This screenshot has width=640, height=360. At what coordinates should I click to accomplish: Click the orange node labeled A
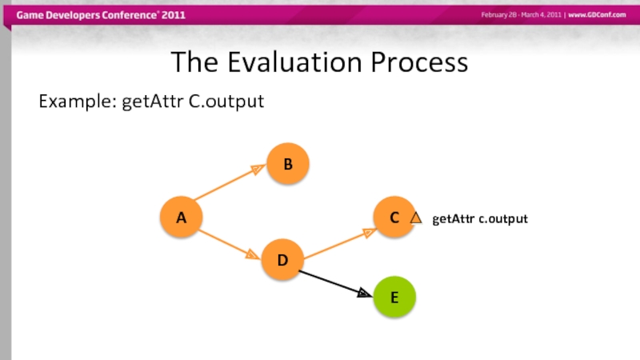coord(181,217)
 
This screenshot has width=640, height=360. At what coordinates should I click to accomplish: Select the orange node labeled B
coord(287,165)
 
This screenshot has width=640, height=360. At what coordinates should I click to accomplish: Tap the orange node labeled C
coord(394,218)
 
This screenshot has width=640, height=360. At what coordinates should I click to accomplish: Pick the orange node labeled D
coord(282,261)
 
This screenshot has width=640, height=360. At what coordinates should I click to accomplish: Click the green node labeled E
coord(394,297)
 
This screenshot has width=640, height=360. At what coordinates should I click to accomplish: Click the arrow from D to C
coord(339,244)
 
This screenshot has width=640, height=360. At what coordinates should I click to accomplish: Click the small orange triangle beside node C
coord(415,218)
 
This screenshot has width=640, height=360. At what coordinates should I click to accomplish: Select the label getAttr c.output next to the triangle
coord(480,218)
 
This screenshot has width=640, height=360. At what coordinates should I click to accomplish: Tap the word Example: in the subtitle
coord(78,102)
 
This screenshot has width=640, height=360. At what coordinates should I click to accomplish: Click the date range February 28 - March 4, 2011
coord(520,16)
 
